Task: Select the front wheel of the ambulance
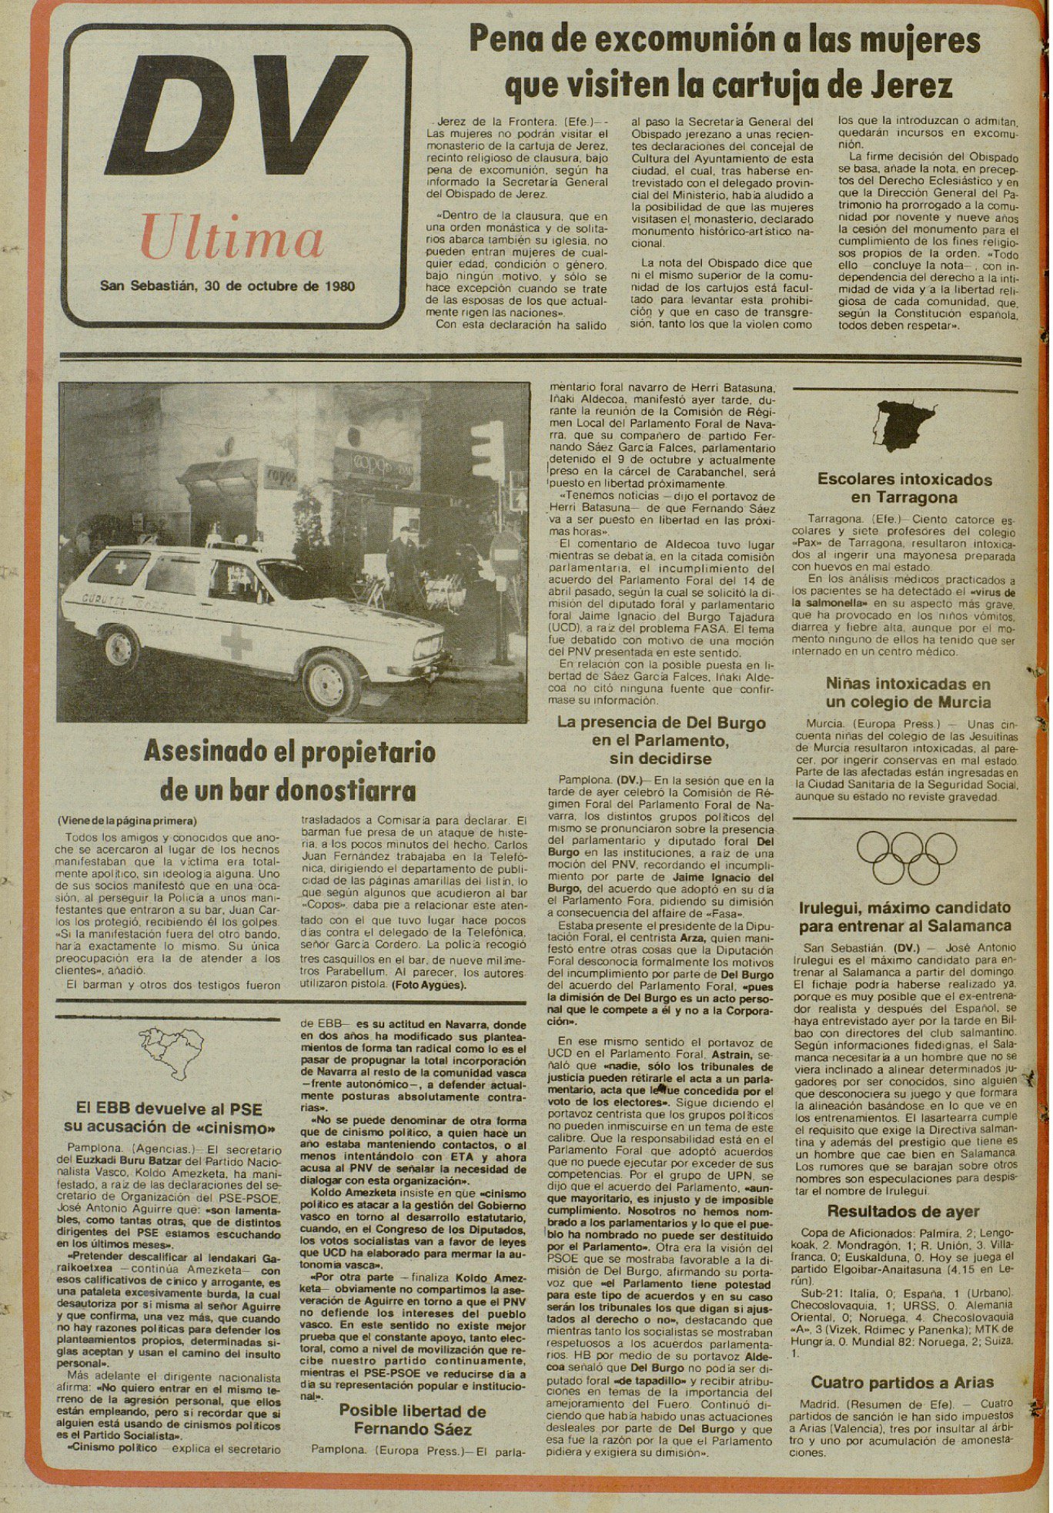[x=330, y=682]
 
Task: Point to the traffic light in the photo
[x=486, y=450]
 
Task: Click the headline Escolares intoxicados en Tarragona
[x=904, y=488]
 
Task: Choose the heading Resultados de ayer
[x=903, y=1211]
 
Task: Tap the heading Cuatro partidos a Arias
[x=902, y=1382]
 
